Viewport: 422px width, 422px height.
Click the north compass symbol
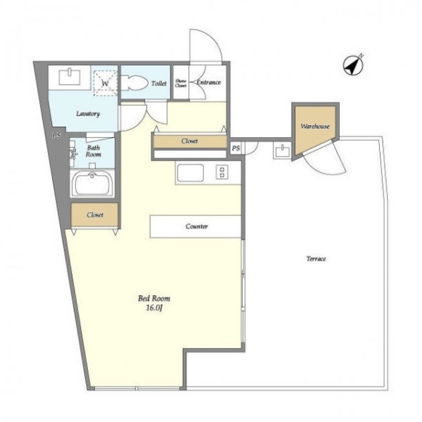[x=353, y=65]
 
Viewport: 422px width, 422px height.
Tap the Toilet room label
[x=159, y=84]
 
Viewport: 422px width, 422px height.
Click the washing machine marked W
[x=105, y=83]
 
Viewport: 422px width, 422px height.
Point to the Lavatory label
[x=88, y=113]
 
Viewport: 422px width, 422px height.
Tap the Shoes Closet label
[x=181, y=84]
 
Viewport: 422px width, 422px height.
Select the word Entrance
[x=208, y=82]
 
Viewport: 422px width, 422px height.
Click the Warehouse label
[x=315, y=126]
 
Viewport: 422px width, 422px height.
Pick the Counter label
[x=196, y=226]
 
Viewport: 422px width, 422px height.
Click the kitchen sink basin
[x=190, y=173]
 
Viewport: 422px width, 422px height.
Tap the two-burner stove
[x=222, y=172]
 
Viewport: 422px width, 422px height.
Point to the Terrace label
[x=316, y=259]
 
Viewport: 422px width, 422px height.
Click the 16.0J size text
[x=154, y=308]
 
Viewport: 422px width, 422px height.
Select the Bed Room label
[x=154, y=298]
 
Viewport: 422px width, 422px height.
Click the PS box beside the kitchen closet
[x=236, y=148]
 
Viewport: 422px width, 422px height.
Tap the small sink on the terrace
[x=282, y=150]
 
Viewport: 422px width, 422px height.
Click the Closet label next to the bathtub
[x=95, y=215]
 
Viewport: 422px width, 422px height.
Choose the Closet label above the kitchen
[x=189, y=141]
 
